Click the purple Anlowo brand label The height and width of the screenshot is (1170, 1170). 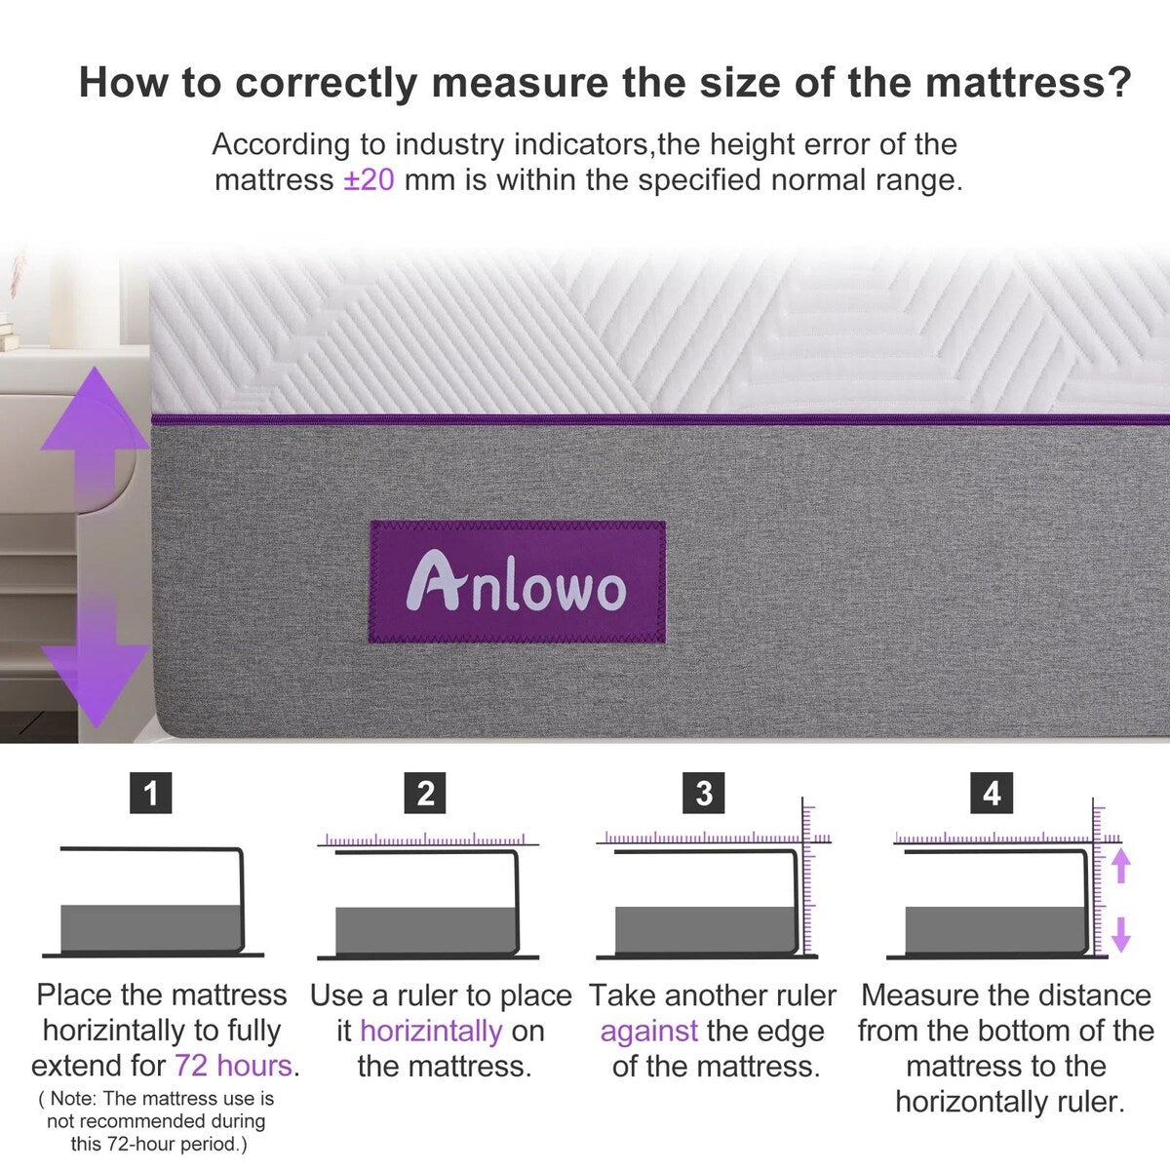click(x=517, y=582)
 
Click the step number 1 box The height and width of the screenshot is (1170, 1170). click(x=150, y=793)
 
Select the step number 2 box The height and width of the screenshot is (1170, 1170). click(x=425, y=793)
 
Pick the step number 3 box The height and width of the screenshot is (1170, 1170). click(x=704, y=793)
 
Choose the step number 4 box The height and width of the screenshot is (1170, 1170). click(x=992, y=793)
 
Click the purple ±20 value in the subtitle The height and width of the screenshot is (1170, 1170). click(x=369, y=180)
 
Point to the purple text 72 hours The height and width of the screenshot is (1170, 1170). click(x=233, y=1066)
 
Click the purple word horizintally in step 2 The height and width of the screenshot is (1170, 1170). click(x=431, y=1031)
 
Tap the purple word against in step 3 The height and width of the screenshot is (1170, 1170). click(x=648, y=1031)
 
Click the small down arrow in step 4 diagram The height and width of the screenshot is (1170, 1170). click(x=1120, y=933)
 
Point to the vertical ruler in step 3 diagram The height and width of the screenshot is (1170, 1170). click(x=807, y=877)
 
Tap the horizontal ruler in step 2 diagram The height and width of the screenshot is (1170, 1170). click(x=425, y=839)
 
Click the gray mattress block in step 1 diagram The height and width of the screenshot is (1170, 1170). click(x=150, y=928)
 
